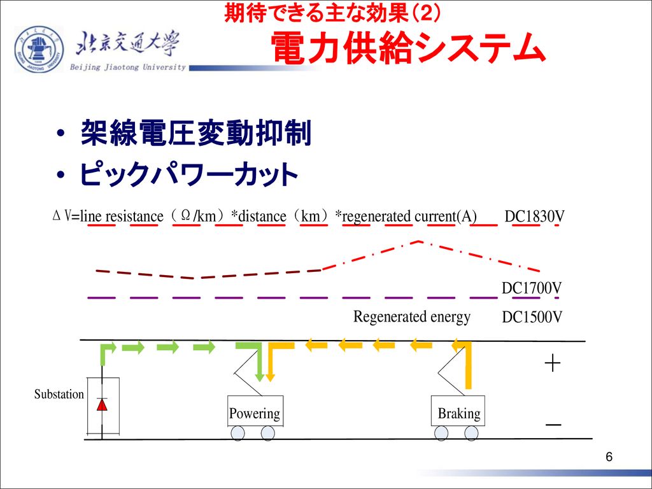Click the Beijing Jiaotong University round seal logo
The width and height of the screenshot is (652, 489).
point(39,49)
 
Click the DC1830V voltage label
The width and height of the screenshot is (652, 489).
point(534,216)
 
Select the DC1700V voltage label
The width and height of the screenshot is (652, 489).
point(532,288)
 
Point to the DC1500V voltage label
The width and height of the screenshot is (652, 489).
point(532,317)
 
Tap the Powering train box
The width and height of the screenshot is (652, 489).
point(255,411)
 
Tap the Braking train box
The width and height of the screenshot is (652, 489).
point(458,411)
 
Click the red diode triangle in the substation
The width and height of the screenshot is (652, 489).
point(102,404)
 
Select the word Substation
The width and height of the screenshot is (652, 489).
point(59,394)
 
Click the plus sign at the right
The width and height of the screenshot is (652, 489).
point(553,364)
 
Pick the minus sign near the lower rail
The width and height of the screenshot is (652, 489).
point(553,425)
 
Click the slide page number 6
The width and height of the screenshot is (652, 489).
point(609,457)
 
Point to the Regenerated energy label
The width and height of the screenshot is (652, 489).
point(412,317)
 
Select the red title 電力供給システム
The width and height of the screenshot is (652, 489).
point(407,48)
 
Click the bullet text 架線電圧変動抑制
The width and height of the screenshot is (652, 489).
point(196,133)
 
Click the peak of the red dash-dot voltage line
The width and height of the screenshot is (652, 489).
point(418,241)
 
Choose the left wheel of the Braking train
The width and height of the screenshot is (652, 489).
point(441,433)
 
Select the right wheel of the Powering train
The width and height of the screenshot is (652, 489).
point(267,433)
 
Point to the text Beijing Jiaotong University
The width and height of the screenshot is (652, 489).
point(127,67)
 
